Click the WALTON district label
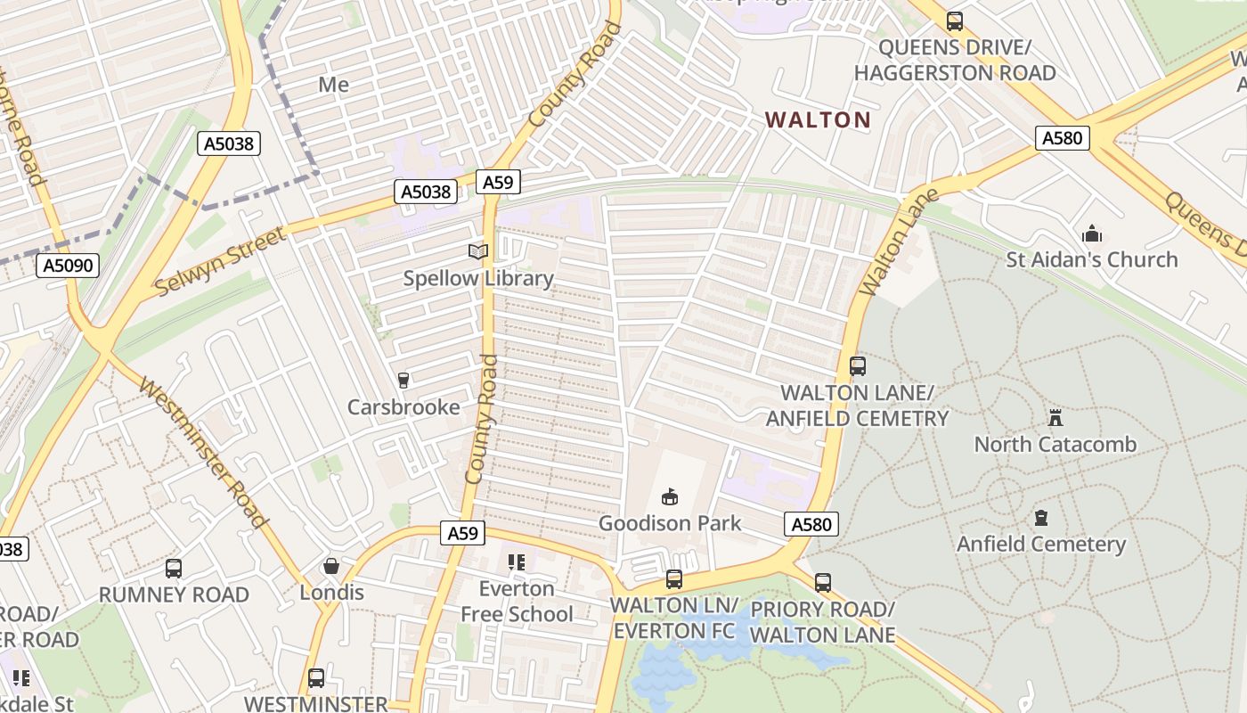point(818,119)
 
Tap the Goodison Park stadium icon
point(670,496)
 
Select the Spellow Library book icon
point(478,252)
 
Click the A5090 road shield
point(68,266)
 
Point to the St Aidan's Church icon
point(1092,234)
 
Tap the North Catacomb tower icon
point(1055,417)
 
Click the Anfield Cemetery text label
point(1041,544)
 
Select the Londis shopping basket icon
point(331,566)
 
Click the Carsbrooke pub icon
point(403,381)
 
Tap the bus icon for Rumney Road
point(174,569)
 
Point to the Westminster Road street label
point(204,454)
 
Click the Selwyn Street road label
point(220,261)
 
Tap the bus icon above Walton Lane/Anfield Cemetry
point(857,366)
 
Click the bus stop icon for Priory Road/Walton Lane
point(823,583)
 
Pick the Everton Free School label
point(517,602)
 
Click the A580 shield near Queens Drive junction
point(1063,137)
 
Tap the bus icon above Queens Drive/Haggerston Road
point(955,20)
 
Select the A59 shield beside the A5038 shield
point(498,183)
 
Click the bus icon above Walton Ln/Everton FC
point(674,579)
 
